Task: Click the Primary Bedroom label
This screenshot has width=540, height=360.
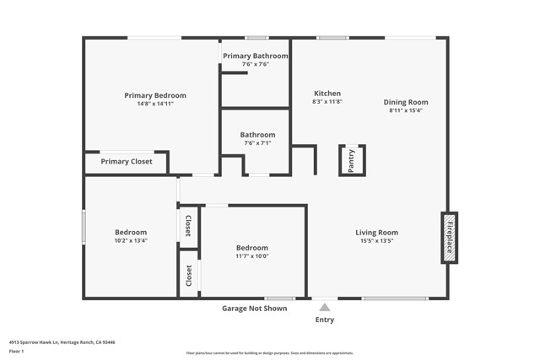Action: point(155,95)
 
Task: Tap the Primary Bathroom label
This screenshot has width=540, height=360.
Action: point(255,56)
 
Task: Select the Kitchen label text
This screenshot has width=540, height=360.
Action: point(327,93)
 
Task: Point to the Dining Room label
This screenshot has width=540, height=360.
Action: point(406,102)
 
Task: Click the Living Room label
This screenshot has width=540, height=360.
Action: point(376,233)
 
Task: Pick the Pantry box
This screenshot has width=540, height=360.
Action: point(352,159)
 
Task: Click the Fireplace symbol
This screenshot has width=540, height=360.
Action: point(449,237)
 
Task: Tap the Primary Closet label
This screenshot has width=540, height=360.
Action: point(127,161)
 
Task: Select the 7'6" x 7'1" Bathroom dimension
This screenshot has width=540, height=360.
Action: point(257,143)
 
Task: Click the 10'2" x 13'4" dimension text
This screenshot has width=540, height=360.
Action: point(131,240)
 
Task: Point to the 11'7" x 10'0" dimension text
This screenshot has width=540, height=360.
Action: point(252,256)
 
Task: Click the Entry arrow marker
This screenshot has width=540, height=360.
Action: point(324,307)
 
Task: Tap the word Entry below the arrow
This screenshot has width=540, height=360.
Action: point(325,320)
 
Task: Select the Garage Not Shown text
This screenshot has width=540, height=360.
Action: point(254,309)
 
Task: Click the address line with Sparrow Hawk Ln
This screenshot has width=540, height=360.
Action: point(62,342)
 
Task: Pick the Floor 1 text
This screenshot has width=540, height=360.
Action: point(18,351)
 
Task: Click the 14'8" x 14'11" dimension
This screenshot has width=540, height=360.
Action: point(155,104)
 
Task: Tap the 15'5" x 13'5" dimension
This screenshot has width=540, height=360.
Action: point(376,241)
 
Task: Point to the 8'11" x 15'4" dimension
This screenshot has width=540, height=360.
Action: point(406,110)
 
